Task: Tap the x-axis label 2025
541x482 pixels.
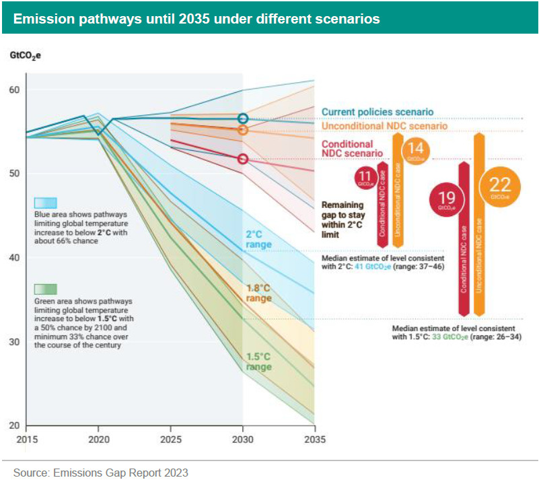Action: pos(170,438)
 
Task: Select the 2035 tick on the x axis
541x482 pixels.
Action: pos(314,438)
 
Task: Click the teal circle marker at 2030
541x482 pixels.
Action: pos(243,118)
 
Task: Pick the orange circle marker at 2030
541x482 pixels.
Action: pos(243,130)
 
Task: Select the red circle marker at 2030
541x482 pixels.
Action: pos(243,159)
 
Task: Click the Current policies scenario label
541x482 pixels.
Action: pos(377,112)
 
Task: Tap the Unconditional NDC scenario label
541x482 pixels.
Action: pos(384,126)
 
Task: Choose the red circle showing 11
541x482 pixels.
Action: pos(366,177)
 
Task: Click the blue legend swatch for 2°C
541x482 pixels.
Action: pos(46,203)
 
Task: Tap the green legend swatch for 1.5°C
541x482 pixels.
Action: pos(46,289)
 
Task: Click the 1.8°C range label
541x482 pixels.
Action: pos(259,293)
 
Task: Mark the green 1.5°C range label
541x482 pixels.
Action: pos(258,361)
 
